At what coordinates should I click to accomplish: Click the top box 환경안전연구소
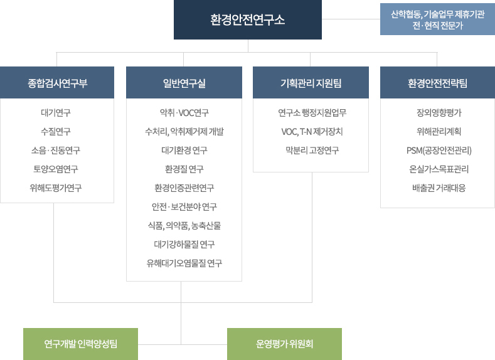[248, 19]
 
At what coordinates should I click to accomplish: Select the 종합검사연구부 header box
[57, 82]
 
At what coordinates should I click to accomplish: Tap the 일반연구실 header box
[184, 82]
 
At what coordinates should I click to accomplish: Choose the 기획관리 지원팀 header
[311, 82]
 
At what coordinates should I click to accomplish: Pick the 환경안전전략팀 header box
[437, 82]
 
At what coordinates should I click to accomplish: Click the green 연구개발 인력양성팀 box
[80, 344]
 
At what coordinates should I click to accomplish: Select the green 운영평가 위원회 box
[284, 344]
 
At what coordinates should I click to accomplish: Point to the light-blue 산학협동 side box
[437, 19]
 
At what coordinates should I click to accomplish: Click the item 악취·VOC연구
[184, 113]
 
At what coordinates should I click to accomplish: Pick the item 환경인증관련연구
[184, 188]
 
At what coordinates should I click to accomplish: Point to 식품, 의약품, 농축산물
[184, 226]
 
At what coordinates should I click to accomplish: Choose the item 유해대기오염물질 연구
[184, 263]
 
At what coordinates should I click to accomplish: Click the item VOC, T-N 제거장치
[312, 132]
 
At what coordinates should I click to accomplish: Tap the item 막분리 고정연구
[312, 151]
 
